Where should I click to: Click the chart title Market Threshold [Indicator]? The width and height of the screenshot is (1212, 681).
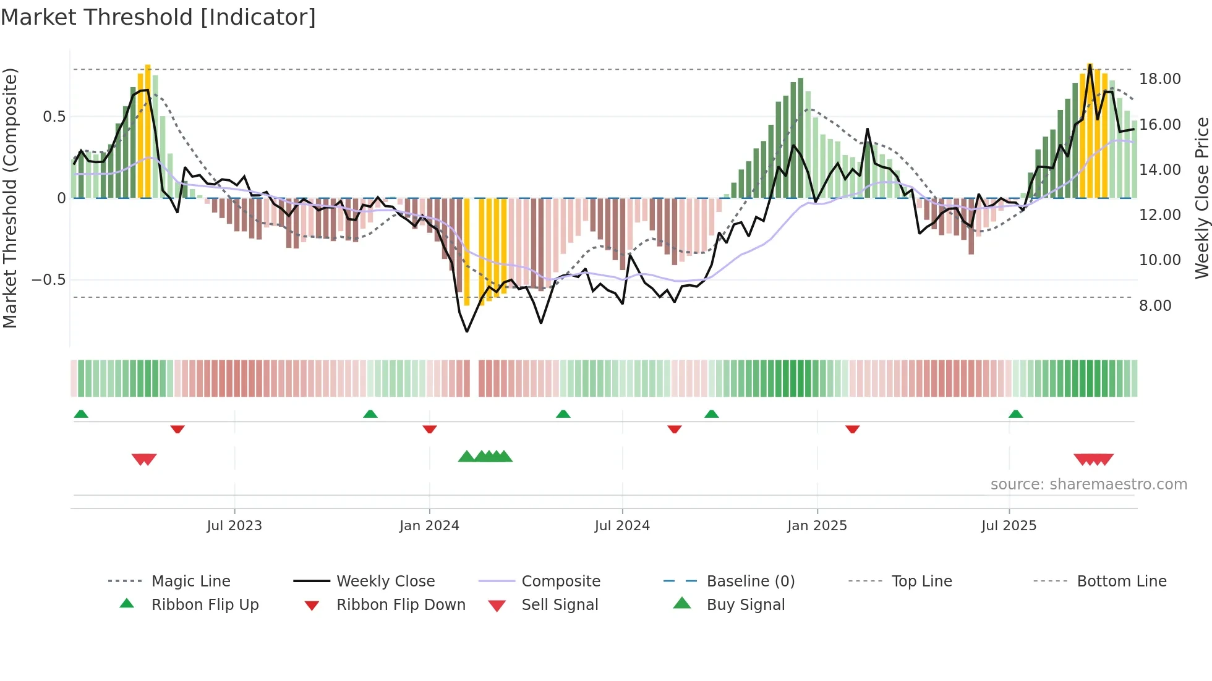point(158,17)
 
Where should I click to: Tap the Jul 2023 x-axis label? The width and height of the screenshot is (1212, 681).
point(234,526)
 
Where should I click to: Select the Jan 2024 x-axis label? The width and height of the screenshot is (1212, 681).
point(429,526)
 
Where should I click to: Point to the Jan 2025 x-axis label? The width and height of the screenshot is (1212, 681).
point(817,526)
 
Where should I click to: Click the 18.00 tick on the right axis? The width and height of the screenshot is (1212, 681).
point(1159,79)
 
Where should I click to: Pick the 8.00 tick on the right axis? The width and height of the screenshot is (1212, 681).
point(1155,306)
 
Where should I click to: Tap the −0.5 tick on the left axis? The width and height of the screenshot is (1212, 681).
point(49,280)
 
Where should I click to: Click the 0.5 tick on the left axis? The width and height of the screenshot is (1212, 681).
point(54,117)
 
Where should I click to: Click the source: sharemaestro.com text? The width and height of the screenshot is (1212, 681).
point(1088,484)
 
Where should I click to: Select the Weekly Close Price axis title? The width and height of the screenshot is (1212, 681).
point(1201,198)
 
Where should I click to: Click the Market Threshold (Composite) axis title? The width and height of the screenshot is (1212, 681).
point(10,198)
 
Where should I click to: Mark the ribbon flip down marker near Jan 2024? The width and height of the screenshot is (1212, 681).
point(430,429)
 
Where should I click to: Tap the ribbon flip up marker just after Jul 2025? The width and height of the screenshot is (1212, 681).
point(1015,414)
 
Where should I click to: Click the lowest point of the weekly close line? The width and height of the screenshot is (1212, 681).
point(467,332)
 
